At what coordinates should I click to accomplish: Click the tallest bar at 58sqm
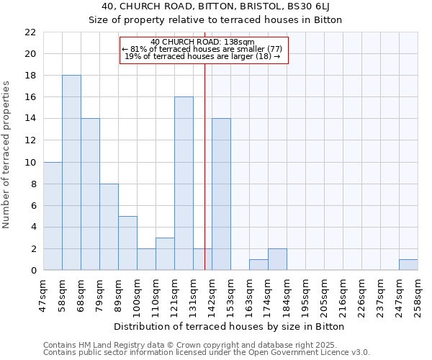(x=71, y=173)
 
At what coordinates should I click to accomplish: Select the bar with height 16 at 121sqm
(x=184, y=184)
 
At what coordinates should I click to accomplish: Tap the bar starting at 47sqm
(x=53, y=216)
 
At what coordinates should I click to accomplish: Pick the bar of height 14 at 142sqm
(x=221, y=194)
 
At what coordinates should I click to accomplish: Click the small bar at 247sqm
(x=408, y=265)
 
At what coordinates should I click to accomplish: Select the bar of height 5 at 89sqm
(x=127, y=243)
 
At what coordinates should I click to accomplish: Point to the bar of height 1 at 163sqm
(x=258, y=265)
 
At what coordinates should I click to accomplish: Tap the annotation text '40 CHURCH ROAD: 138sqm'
(x=203, y=42)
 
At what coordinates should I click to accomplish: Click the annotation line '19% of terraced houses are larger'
(x=203, y=56)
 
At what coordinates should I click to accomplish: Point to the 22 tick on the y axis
(x=30, y=32)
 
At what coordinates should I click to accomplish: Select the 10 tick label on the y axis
(x=30, y=163)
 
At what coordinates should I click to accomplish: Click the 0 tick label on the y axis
(x=32, y=271)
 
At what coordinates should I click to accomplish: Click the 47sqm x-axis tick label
(x=43, y=294)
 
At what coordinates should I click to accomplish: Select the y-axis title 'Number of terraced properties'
(x=7, y=155)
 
